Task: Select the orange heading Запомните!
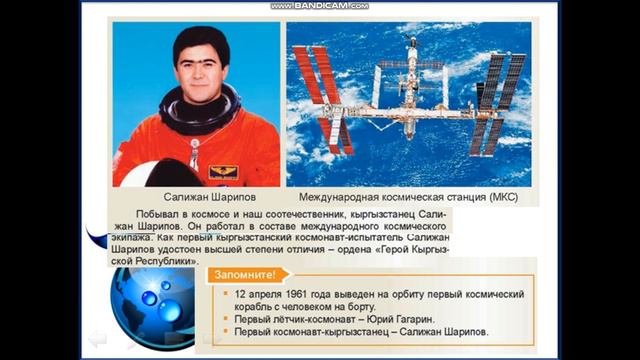click(x=244, y=274)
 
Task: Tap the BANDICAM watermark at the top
click(x=319, y=6)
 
